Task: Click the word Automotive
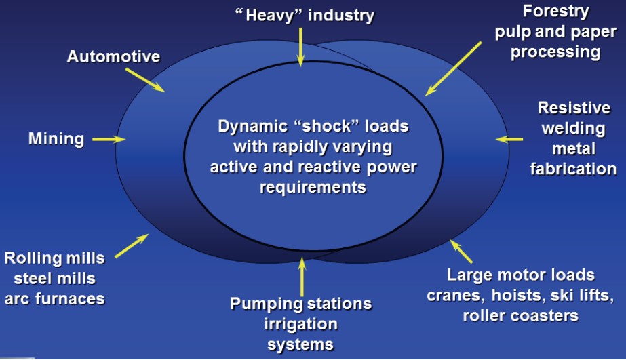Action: click(x=113, y=56)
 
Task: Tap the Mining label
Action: click(x=56, y=139)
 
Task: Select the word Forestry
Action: click(x=555, y=12)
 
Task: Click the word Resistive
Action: click(x=574, y=108)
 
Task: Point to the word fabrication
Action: click(x=573, y=168)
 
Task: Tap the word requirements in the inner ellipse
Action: click(x=313, y=186)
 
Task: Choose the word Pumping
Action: click(x=266, y=303)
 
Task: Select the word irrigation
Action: click(x=300, y=323)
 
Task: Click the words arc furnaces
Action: click(x=54, y=298)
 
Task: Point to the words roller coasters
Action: click(x=520, y=315)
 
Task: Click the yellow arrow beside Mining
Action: click(x=109, y=140)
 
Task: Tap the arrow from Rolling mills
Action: click(x=132, y=245)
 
